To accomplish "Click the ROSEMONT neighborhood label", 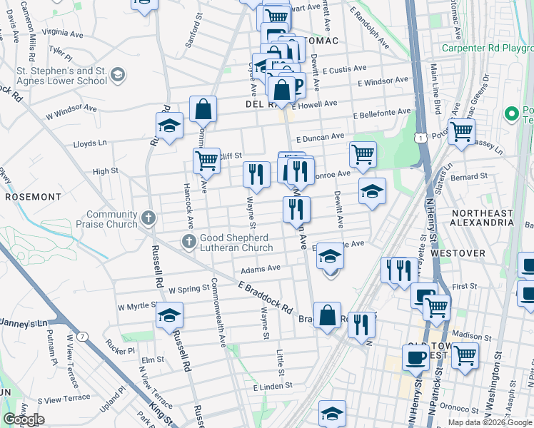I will tap(33, 196).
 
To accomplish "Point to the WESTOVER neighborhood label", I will tap(478, 253).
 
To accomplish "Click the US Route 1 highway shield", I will tap(422, 136).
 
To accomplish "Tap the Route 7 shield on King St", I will tap(84, 336).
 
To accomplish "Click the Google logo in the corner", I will tap(23, 419).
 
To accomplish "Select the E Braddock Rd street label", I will tap(266, 297).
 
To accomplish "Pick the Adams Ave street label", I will tap(260, 270).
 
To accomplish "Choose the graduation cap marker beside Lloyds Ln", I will tap(169, 126).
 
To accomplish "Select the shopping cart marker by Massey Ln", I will tap(462, 131).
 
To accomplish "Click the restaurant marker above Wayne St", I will tap(256, 173).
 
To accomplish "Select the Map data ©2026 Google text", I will tap(490, 422).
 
